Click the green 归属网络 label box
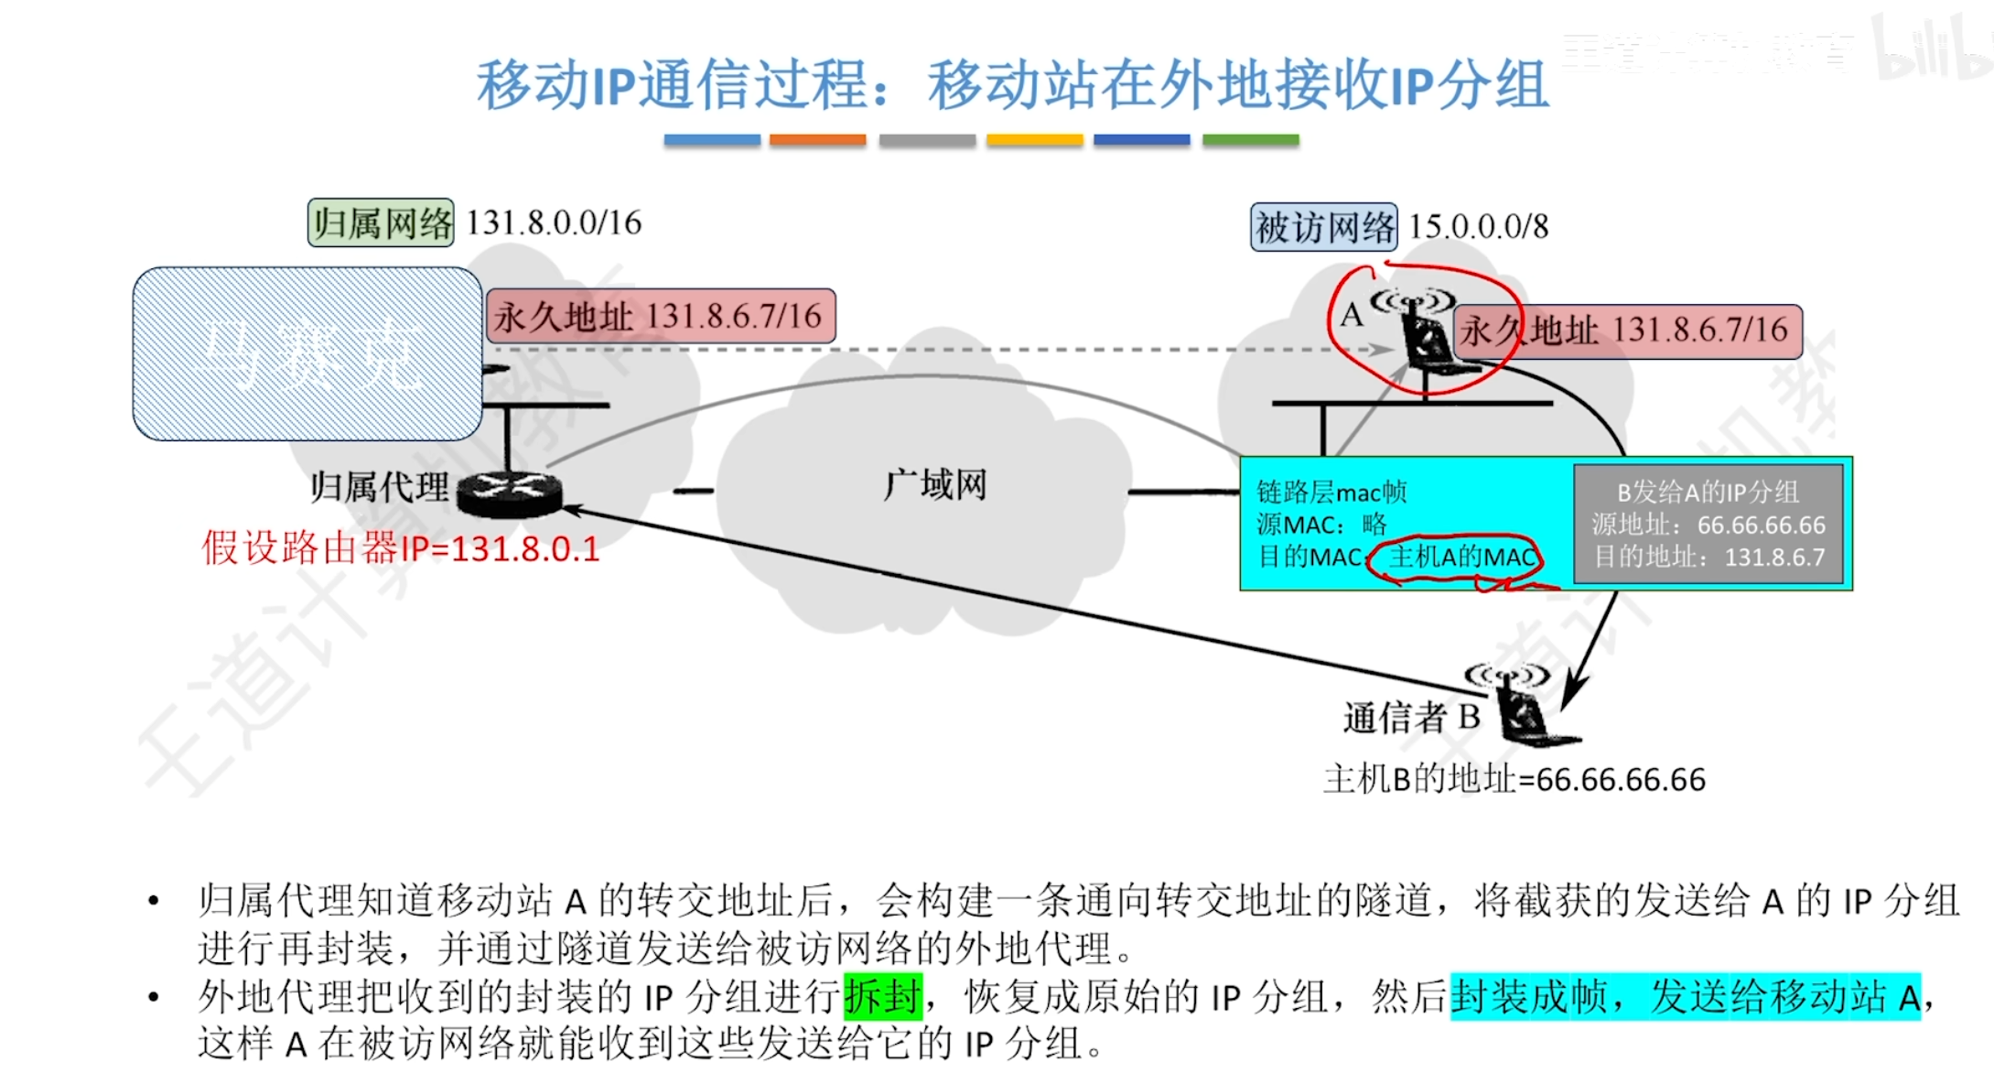(381, 222)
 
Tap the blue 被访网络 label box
(1323, 227)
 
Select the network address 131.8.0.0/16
(554, 222)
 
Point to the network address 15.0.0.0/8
(1478, 227)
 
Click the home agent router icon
(509, 493)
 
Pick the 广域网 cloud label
(934, 484)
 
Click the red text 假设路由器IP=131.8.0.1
(401, 548)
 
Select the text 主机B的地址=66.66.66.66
(1514, 779)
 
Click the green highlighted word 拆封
(882, 996)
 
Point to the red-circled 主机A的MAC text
(1461, 557)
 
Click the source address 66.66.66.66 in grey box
(1761, 525)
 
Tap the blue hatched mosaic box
(307, 353)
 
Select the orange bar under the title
(817, 140)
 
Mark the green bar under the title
(1250, 140)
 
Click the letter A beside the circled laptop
(1351, 315)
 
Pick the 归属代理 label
(380, 486)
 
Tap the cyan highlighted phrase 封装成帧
(1529, 996)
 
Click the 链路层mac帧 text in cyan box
(1331, 493)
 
